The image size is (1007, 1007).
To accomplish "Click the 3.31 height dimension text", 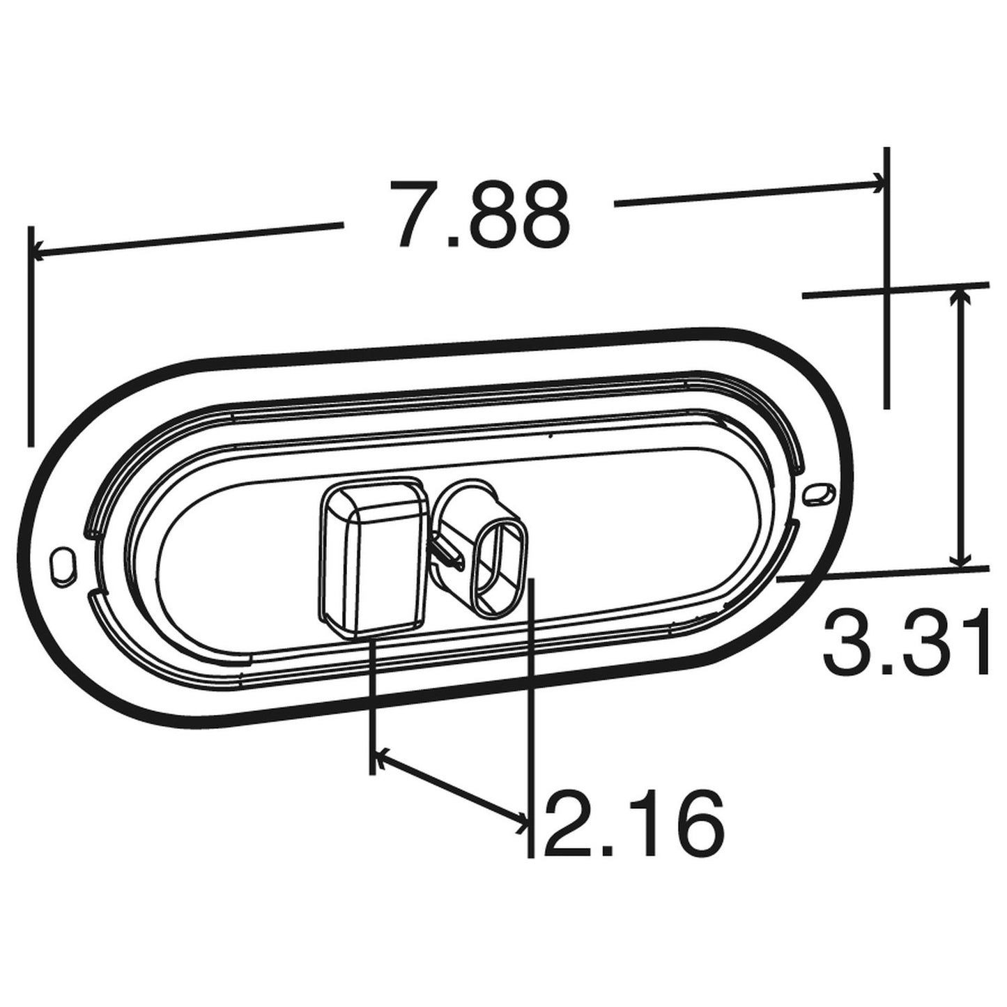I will click(906, 642).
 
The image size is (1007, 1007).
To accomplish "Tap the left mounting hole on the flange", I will click(61, 564).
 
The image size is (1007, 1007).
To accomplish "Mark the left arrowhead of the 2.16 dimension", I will click(380, 756).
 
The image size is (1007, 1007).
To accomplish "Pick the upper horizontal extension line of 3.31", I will click(895, 289).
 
